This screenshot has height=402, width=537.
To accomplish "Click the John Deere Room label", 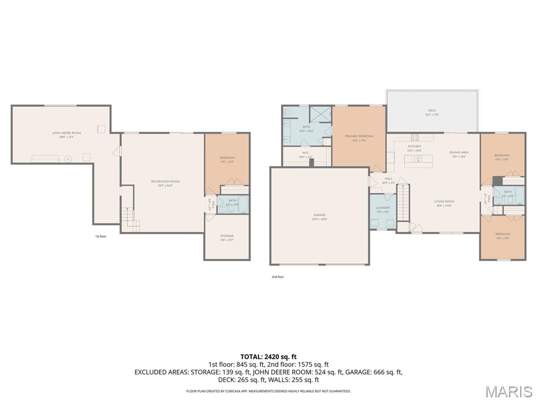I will [x=66, y=133].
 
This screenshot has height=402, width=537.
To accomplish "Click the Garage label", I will [x=319, y=215].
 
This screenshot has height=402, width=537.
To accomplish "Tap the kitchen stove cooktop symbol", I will [x=415, y=138].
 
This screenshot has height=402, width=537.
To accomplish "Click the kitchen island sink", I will [x=418, y=158].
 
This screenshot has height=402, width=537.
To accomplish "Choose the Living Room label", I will [x=444, y=202].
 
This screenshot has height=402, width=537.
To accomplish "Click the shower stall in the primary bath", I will [x=319, y=114].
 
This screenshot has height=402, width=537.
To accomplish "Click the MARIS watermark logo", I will [x=509, y=392].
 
